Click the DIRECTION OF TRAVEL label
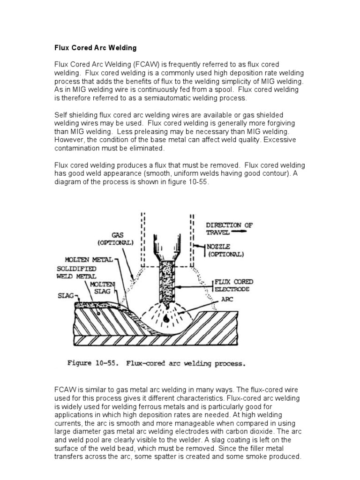pos(229,229)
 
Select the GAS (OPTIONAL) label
pos(115,239)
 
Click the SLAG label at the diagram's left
pos(65,296)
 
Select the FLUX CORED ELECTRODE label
pos(234,285)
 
